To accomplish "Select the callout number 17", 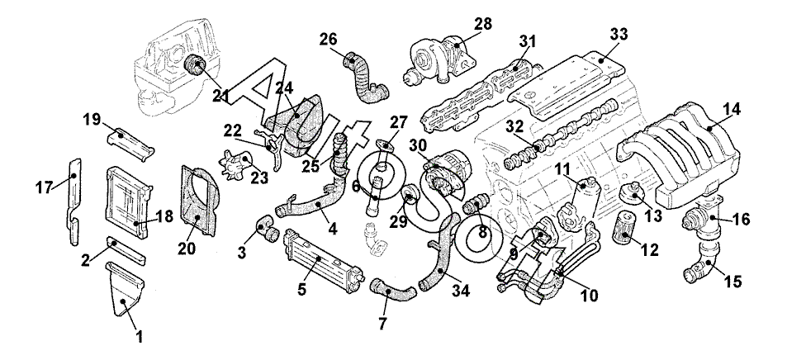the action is coord(45,187).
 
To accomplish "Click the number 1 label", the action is coord(140,336).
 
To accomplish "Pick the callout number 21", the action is coord(221,96).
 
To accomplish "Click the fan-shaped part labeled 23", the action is coord(237,163).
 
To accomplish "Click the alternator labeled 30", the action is coord(447,176).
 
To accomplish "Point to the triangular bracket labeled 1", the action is coord(126,289).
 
